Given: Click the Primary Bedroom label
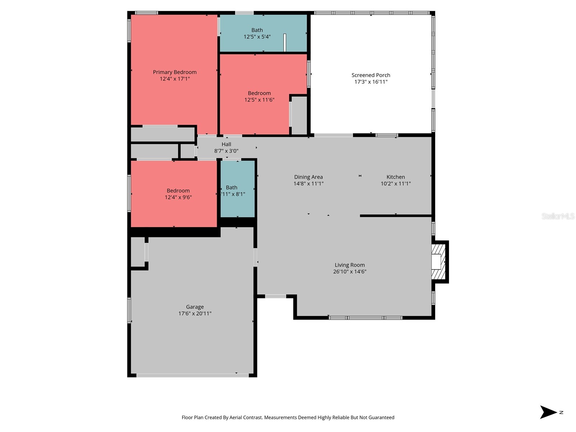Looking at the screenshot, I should (175, 72).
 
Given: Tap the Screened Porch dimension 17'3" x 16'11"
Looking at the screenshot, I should (371, 82).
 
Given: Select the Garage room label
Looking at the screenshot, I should (195, 307).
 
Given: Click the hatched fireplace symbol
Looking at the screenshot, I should (438, 262).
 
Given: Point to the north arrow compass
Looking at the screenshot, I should (549, 412).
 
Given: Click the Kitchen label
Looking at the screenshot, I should (396, 177).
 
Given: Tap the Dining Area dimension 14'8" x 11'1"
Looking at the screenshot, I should (309, 184).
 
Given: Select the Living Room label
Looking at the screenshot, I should (350, 265).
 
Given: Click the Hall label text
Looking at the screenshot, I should (226, 144).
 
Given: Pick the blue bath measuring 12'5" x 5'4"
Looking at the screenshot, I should (257, 33).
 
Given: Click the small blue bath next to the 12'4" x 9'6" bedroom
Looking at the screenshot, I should (237, 189).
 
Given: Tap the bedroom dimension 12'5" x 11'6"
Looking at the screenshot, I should (259, 100).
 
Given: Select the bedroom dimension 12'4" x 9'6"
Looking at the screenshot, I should (178, 197).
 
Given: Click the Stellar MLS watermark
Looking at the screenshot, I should (558, 216).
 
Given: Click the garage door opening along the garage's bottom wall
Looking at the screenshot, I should (192, 375).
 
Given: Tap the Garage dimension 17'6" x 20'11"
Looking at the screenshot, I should (195, 314).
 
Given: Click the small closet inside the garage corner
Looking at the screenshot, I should (138, 252).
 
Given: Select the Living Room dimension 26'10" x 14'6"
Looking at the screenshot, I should (350, 272).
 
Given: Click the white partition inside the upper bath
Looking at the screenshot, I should (285, 42).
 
